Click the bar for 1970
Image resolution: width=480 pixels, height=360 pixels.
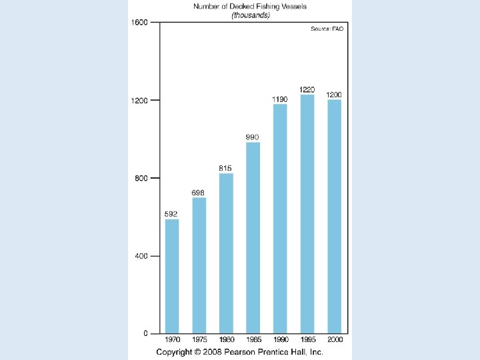[x=172, y=277]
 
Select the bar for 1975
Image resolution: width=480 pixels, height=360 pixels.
[x=199, y=266]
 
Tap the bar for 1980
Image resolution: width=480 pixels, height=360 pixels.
[x=226, y=253]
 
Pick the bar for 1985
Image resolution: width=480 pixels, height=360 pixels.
[x=253, y=238]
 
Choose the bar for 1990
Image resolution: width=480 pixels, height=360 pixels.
[x=280, y=219]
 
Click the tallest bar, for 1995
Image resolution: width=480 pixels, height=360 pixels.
[x=307, y=214]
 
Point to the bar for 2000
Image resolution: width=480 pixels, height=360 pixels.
[x=334, y=217]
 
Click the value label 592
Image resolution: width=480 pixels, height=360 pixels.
[x=171, y=214]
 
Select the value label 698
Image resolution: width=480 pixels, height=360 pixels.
[x=198, y=193]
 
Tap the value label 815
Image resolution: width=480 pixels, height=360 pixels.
[x=225, y=168]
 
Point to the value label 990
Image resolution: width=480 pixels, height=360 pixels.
[x=252, y=137]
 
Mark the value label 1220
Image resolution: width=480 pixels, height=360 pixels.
[x=307, y=90]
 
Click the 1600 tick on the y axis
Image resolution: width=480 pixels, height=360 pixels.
[x=139, y=23]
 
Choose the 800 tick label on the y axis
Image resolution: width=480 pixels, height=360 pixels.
[x=141, y=178]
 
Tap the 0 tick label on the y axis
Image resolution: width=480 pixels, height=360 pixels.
[x=145, y=333]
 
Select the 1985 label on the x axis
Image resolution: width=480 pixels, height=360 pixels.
[x=254, y=339]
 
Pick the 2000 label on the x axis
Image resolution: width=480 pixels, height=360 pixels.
[x=335, y=339]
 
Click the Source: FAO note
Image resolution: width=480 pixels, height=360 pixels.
[x=327, y=29]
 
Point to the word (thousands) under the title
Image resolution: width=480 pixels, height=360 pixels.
[x=251, y=15]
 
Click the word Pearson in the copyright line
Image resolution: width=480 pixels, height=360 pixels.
[x=240, y=352]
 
